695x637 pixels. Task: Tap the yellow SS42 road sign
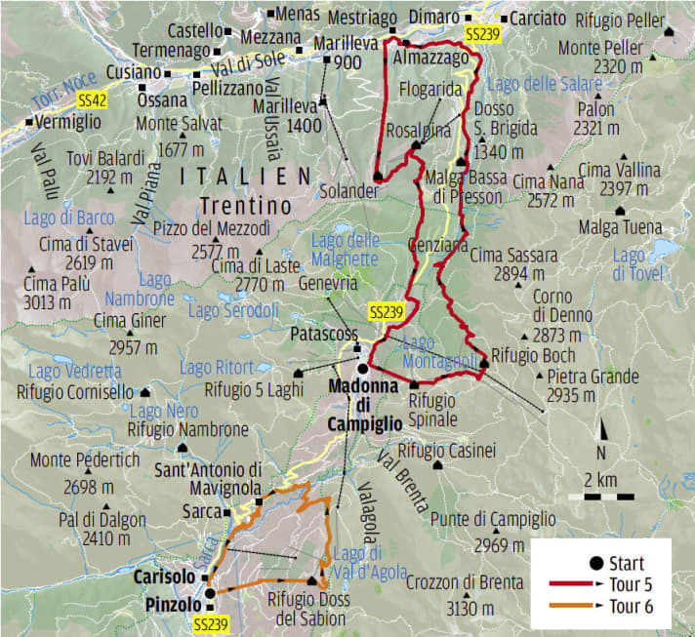point(92,100)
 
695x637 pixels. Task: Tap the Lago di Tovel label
point(630,265)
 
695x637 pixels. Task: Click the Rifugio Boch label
point(533,355)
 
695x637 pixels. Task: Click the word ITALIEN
point(239,177)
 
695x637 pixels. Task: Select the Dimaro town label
point(434,17)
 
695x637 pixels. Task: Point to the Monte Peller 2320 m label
point(615,57)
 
